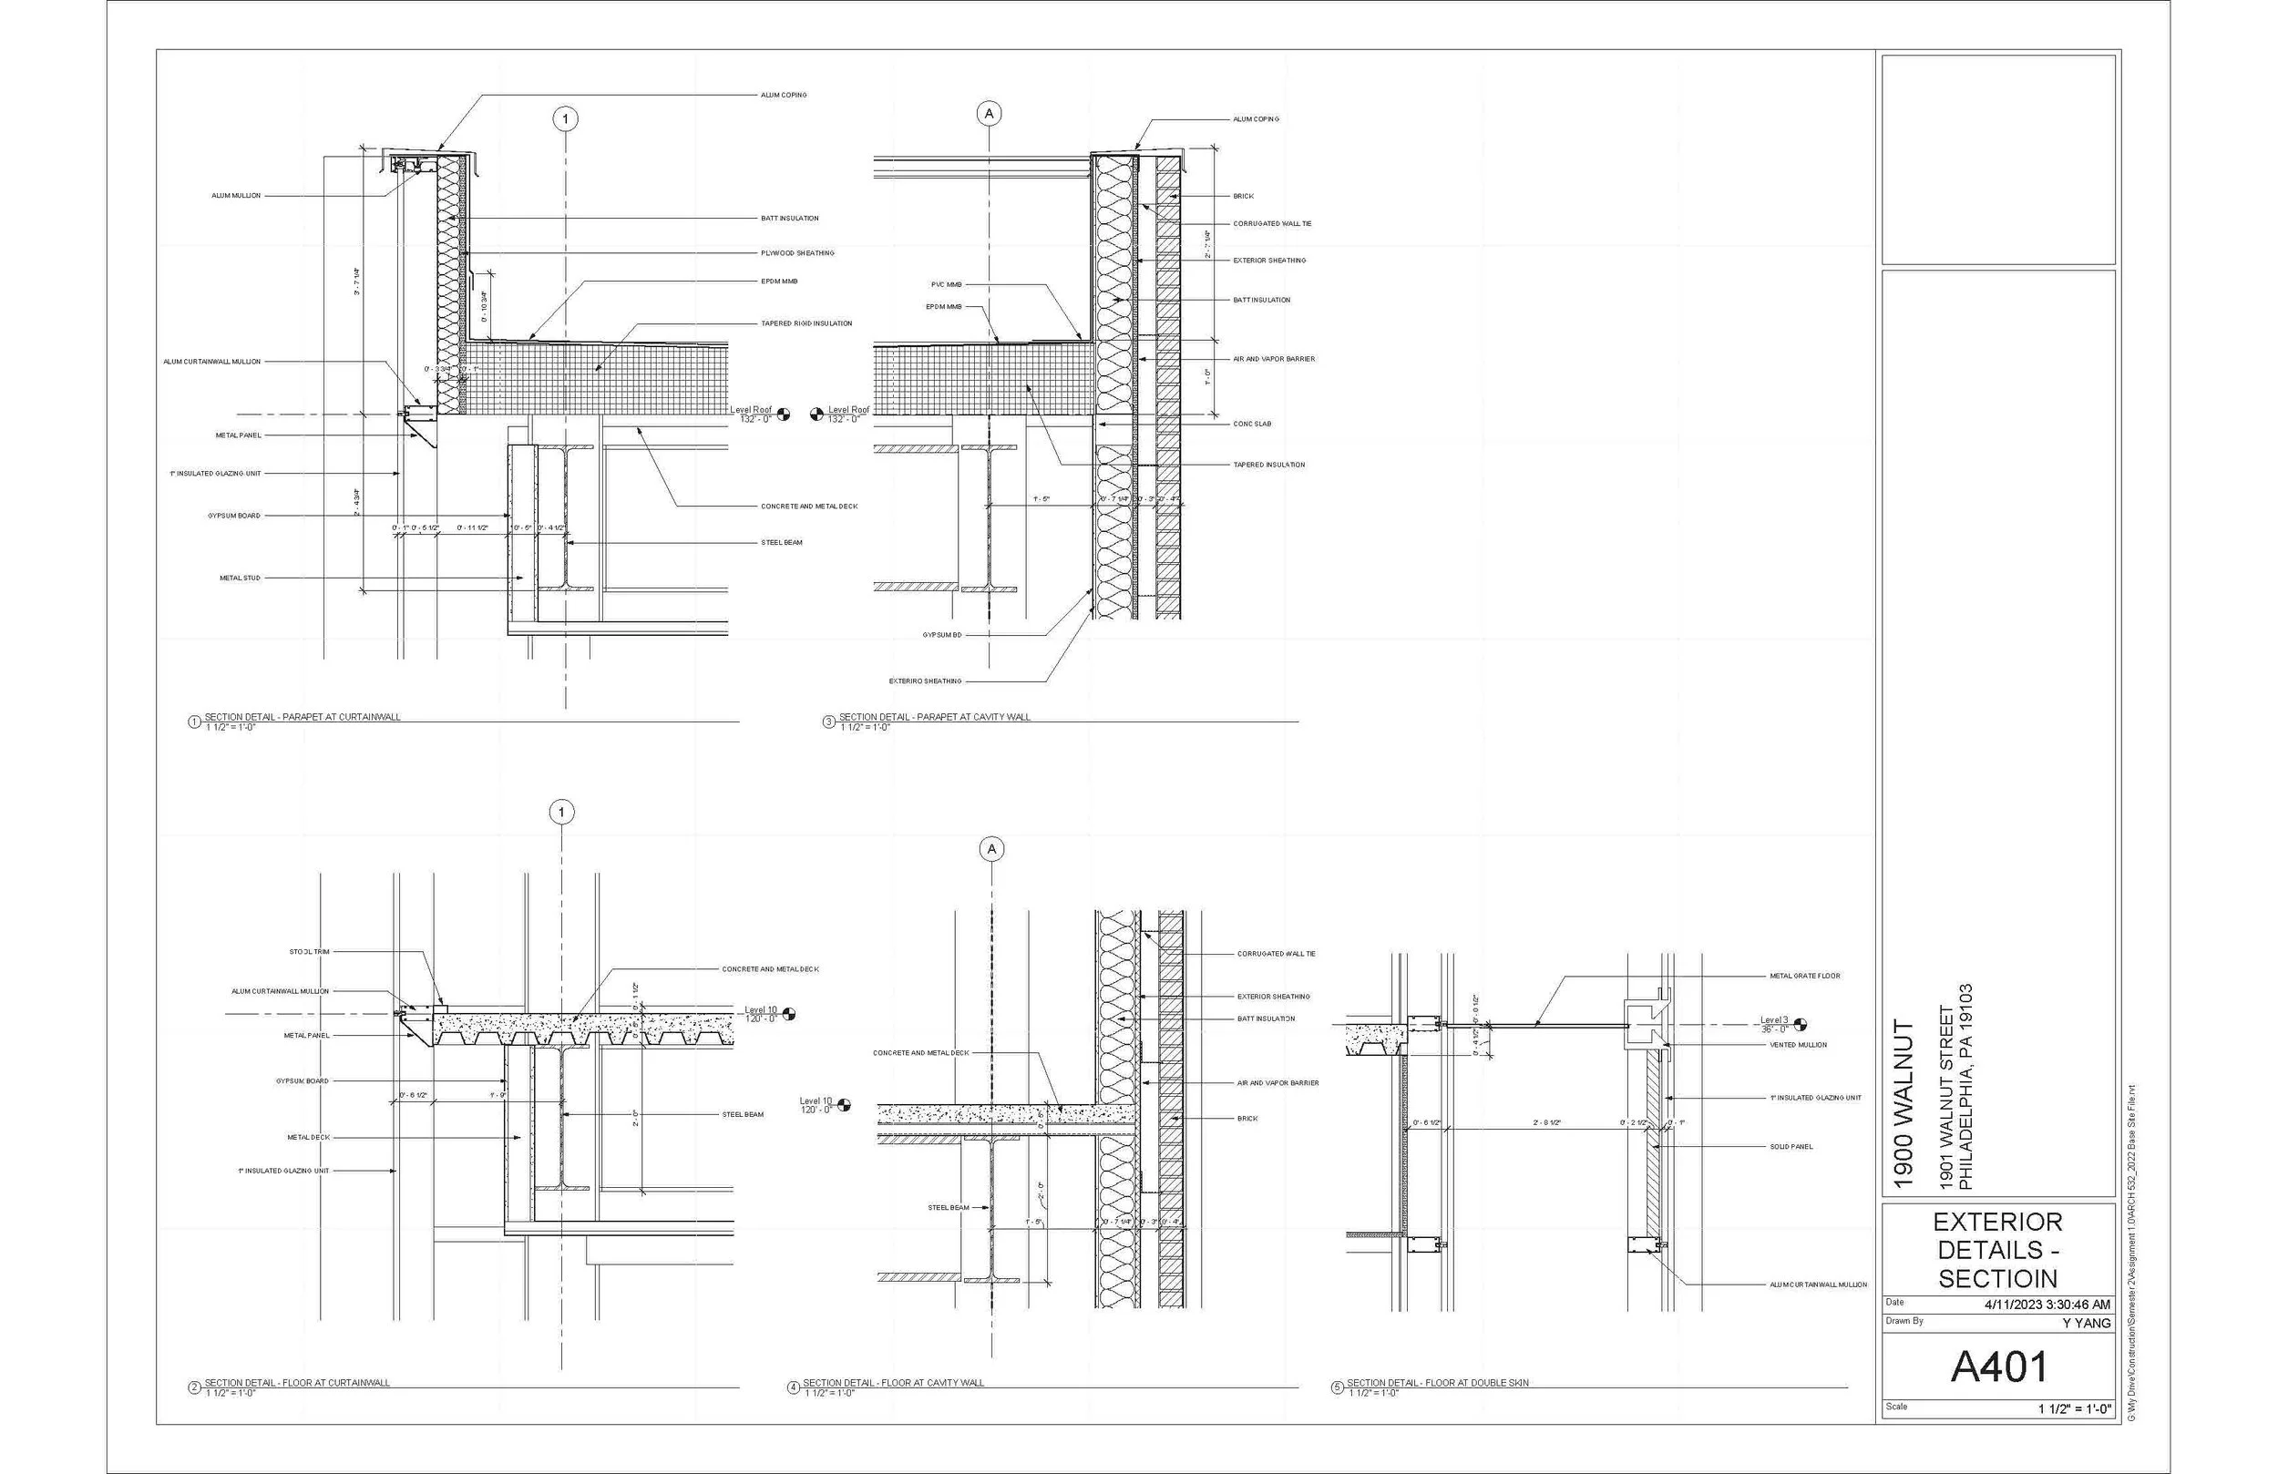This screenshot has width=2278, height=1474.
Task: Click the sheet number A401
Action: coord(1998,1367)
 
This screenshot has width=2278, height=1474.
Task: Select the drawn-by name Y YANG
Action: coord(2087,1323)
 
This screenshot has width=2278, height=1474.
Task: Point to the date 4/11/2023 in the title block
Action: coord(2047,1304)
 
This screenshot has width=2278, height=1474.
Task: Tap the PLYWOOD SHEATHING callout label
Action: coord(797,253)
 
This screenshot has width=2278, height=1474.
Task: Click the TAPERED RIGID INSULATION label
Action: coord(806,323)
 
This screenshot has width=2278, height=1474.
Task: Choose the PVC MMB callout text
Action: coord(946,284)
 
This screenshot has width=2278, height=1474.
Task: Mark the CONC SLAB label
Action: coord(1252,424)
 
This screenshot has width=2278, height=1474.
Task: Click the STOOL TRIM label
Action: coord(309,952)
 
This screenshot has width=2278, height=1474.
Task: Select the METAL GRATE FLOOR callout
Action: coord(1804,977)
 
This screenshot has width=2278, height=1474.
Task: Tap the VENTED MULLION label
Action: coord(1798,1045)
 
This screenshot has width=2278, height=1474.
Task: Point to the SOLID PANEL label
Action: coord(1791,1147)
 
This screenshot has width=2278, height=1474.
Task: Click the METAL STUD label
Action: coord(240,578)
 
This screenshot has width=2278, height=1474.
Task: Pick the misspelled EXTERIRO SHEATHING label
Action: coord(925,681)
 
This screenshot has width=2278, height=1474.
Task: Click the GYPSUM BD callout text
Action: coord(942,635)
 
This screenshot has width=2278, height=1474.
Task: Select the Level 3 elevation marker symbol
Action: coord(1801,1024)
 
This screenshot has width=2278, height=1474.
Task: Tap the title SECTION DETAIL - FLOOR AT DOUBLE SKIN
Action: coord(1438,1383)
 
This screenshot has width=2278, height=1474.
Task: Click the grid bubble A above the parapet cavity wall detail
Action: coord(989,114)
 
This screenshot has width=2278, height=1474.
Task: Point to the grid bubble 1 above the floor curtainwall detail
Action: coord(562,813)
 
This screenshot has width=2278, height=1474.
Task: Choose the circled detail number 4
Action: coord(793,1387)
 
